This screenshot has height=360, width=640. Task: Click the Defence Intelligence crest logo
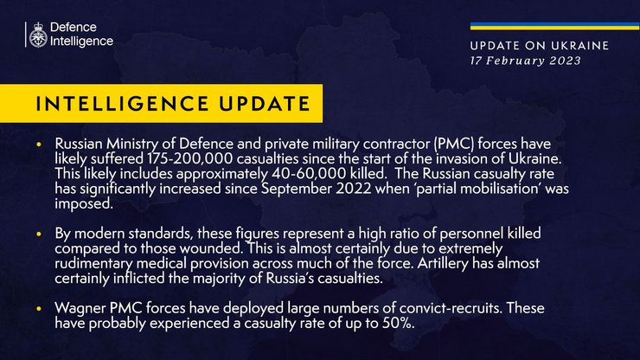point(38,34)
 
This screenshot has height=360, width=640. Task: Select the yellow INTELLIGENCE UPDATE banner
point(167,104)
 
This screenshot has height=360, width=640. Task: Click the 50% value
point(397,323)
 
